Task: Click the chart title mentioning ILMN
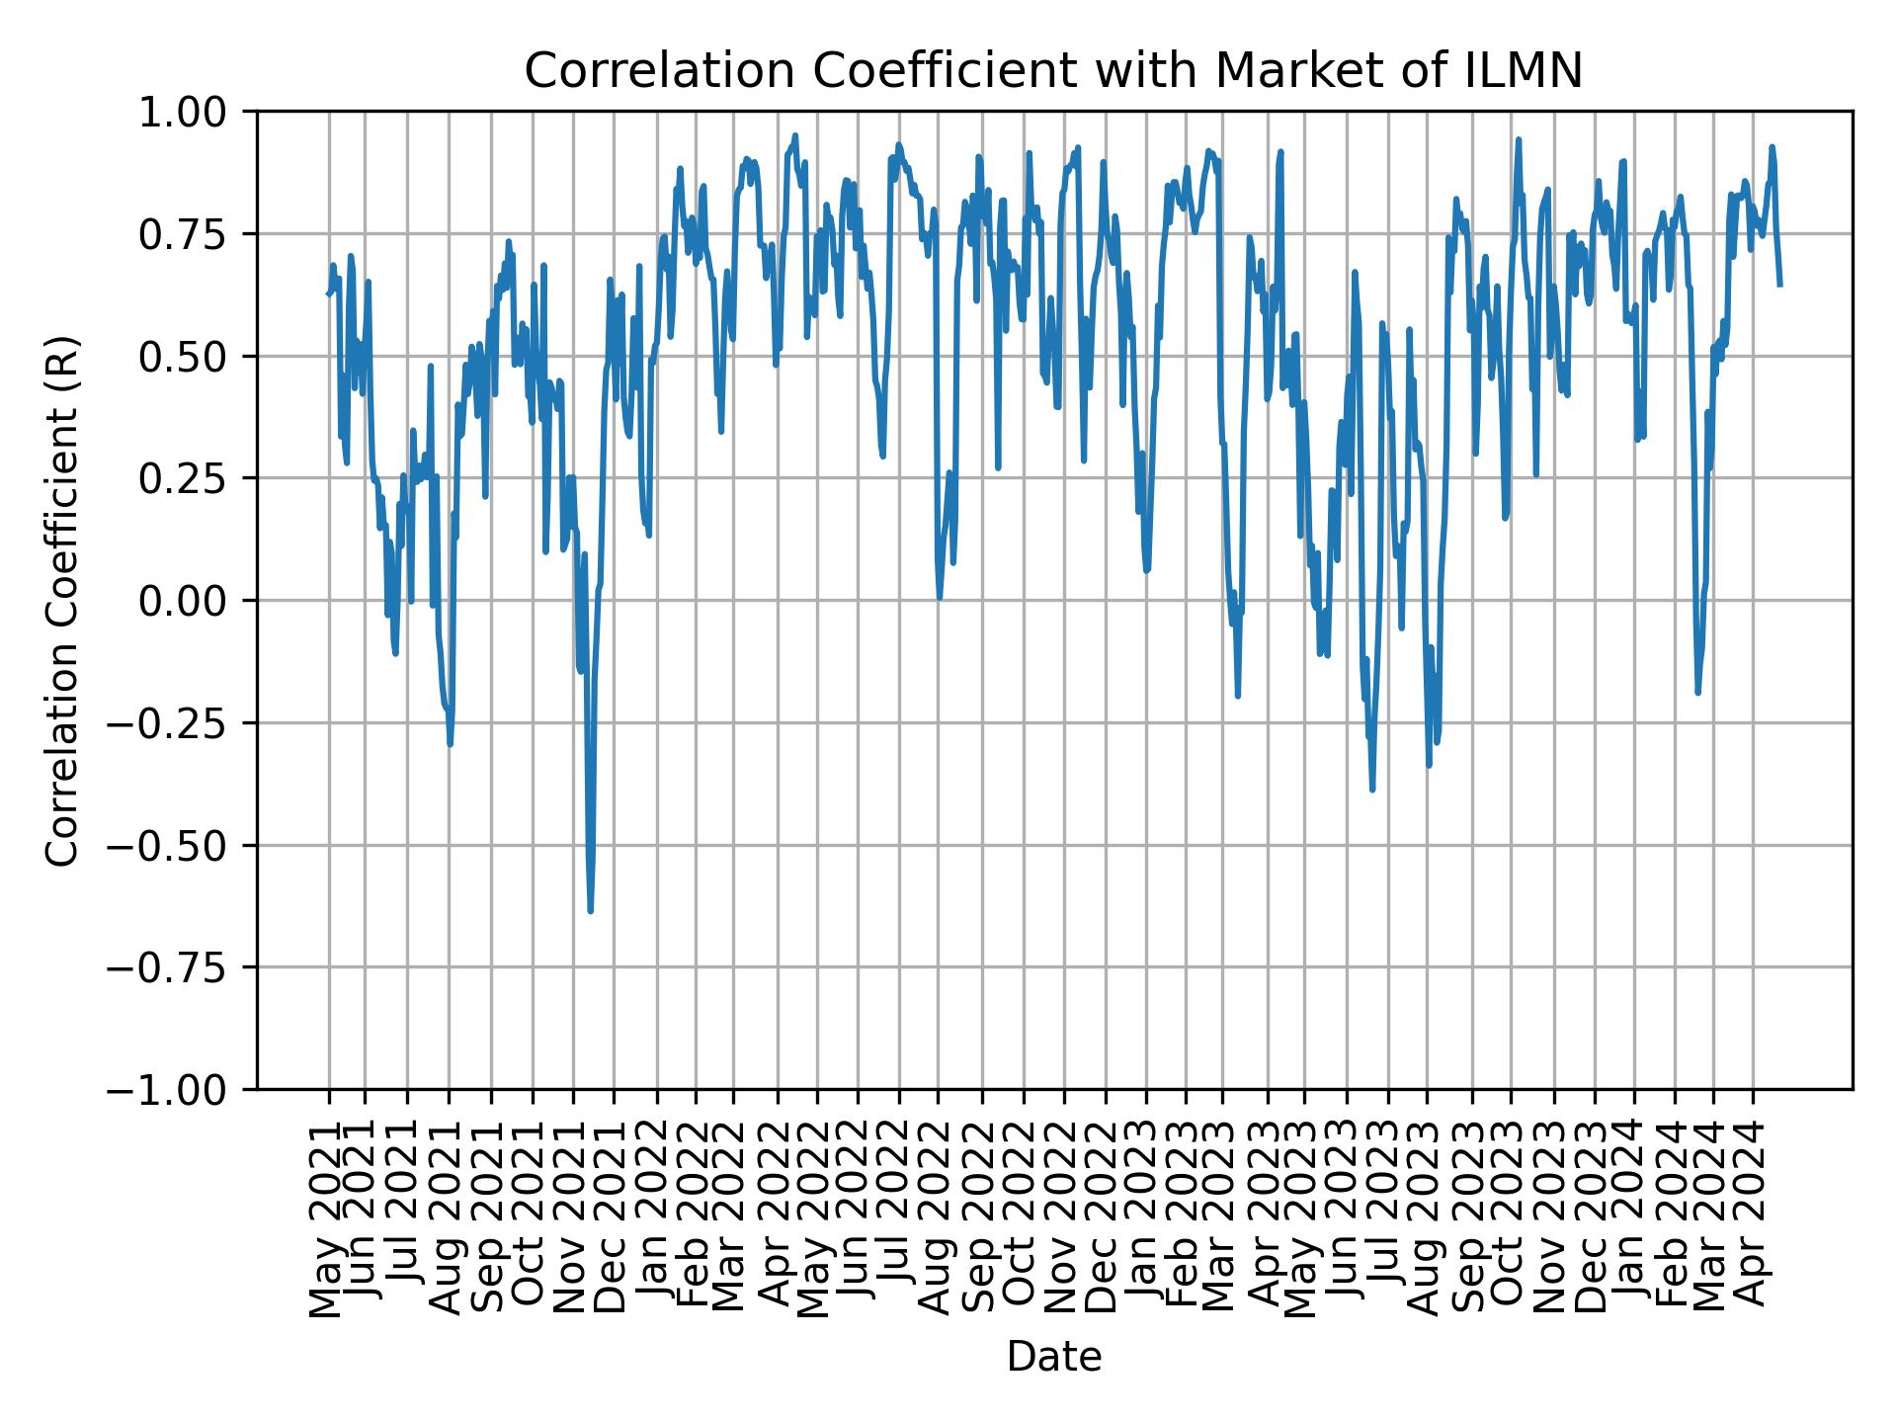[1053, 71]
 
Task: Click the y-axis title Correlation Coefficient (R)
[62, 600]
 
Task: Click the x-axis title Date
[1053, 1358]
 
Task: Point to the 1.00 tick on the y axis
[198, 112]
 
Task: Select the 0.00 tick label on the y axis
[198, 601]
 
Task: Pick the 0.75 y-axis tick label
[198, 234]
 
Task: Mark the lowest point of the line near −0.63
[590, 910]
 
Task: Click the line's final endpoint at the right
[1779, 285]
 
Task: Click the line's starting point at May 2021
[328, 293]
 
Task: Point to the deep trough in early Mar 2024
[1697, 692]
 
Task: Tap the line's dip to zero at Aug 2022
[940, 597]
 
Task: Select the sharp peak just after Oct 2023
[1519, 139]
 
